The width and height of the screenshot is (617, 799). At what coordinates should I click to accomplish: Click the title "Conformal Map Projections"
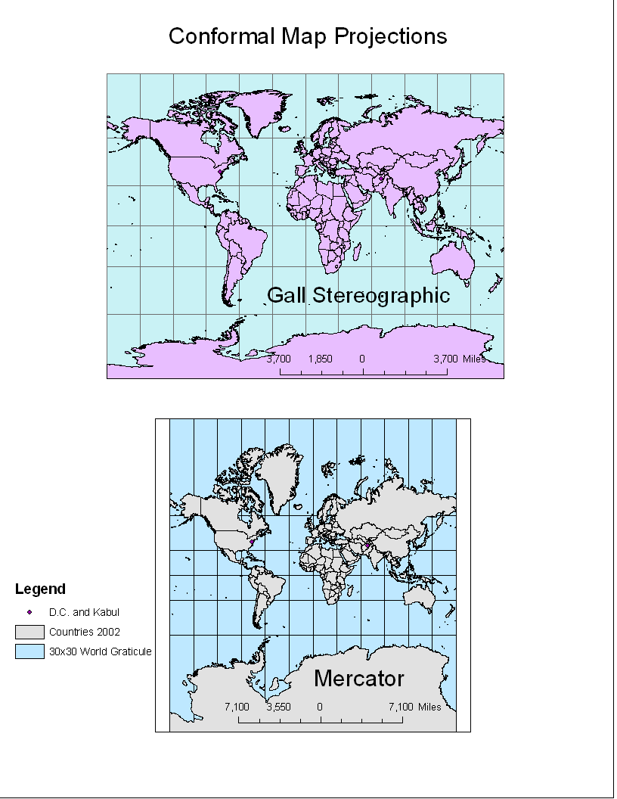tap(308, 36)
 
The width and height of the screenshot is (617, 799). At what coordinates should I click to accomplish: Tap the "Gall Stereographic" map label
tap(358, 295)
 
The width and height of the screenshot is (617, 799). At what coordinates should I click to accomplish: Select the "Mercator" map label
tap(358, 678)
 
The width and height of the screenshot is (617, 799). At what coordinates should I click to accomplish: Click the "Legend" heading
tap(40, 589)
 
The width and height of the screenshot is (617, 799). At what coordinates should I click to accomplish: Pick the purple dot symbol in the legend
tap(29, 612)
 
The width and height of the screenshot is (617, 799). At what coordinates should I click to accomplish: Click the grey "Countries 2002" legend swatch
tap(29, 632)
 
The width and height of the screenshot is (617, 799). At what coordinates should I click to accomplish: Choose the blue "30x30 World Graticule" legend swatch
tap(29, 651)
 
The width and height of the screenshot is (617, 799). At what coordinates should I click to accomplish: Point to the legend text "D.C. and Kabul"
tap(84, 612)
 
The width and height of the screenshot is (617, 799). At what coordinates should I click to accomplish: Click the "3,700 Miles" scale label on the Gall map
tap(459, 359)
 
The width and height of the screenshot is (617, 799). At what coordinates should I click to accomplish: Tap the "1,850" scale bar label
tap(320, 359)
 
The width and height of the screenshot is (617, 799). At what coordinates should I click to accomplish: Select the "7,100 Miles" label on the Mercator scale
tap(414, 707)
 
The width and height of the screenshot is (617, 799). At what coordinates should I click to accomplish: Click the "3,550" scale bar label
tap(278, 707)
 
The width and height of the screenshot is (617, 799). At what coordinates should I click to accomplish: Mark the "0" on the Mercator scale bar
tap(320, 707)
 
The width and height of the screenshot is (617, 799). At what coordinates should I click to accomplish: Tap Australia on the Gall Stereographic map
tap(451, 260)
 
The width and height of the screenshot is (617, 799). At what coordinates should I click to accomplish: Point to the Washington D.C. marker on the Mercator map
tap(252, 542)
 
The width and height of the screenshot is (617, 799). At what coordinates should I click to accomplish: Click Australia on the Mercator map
tap(420, 599)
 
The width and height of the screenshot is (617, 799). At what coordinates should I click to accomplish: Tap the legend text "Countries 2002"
tap(85, 632)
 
